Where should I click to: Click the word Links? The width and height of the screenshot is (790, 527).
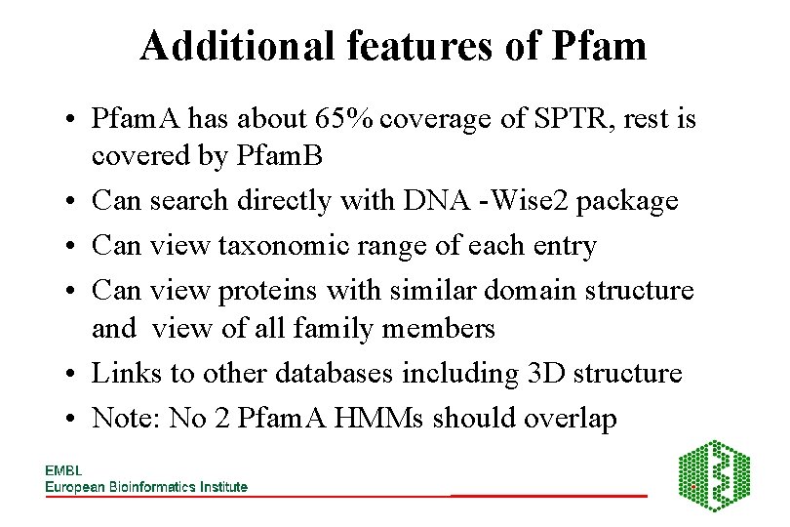point(124,373)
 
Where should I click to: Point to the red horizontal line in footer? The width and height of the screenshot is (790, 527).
point(549,496)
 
